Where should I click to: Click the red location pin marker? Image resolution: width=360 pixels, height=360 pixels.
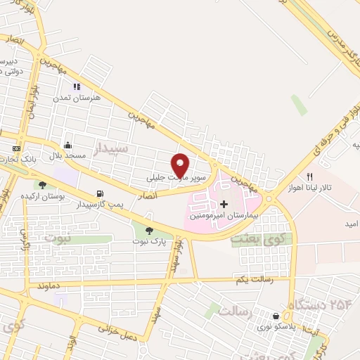click(x=181, y=164)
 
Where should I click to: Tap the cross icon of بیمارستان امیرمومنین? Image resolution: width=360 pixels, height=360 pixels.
click(x=224, y=204)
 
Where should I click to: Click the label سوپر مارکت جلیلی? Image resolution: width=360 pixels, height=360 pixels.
click(x=176, y=179)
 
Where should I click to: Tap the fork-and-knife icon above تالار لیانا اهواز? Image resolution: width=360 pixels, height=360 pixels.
click(x=309, y=176)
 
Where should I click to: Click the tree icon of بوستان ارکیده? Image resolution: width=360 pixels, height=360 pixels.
click(x=42, y=185)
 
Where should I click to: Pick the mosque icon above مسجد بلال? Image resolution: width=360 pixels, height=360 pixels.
click(x=67, y=143)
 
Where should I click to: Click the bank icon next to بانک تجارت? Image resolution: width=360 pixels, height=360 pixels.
click(x=16, y=149)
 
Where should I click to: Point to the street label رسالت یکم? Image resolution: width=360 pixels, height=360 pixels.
click(x=252, y=281)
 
